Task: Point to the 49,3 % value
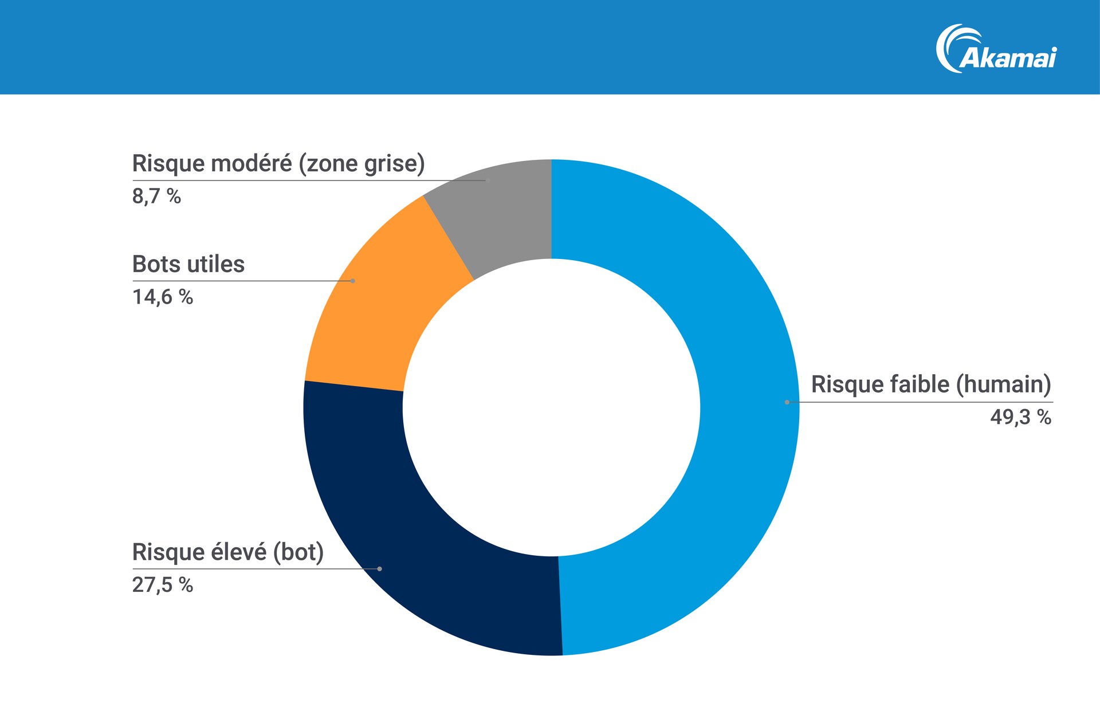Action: [1020, 417]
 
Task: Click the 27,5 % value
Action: [162, 585]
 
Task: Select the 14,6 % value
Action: [162, 297]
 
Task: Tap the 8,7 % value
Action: [156, 196]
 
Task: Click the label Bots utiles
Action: [188, 264]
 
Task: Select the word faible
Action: [920, 384]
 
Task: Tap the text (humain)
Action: [1003, 384]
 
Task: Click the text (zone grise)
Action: [362, 163]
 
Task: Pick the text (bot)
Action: [298, 552]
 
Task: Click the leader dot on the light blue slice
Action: [787, 402]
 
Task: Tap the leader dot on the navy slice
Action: [379, 569]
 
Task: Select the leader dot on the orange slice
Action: [352, 281]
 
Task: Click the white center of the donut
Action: [551, 407]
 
